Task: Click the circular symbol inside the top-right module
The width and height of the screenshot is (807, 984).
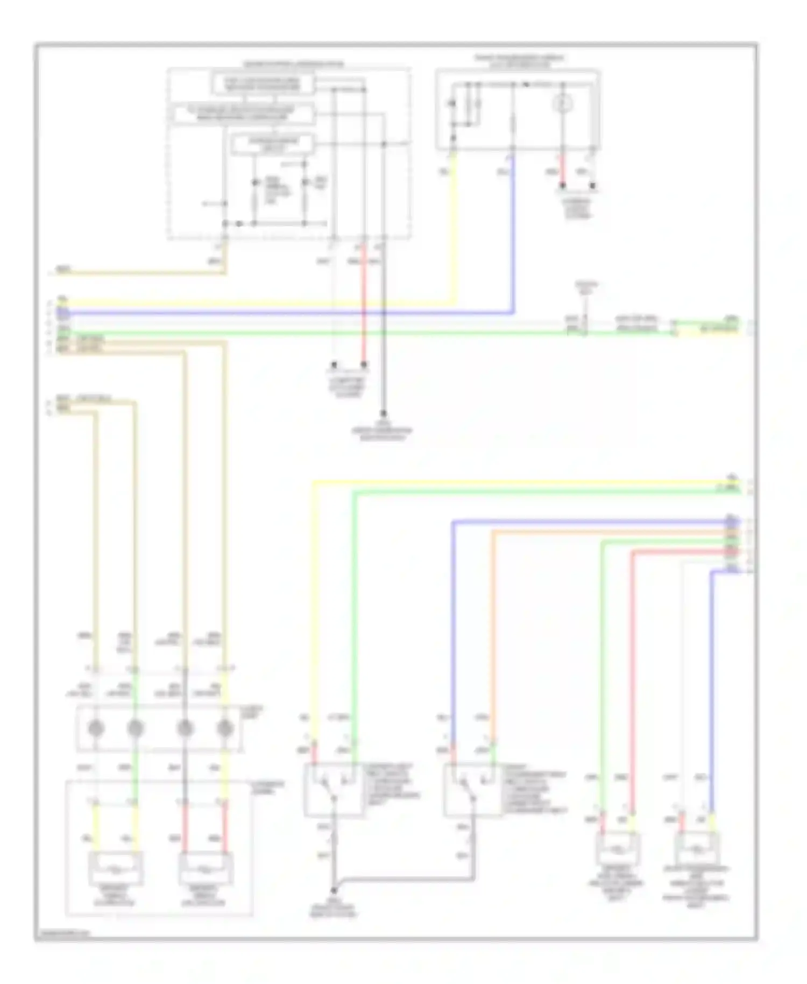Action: [563, 103]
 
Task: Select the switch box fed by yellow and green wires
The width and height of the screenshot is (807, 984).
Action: [334, 789]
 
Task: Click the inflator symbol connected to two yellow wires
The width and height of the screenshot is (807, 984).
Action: [116, 868]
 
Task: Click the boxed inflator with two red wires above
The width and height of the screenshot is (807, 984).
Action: [206, 868]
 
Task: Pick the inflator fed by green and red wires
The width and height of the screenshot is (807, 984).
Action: [618, 849]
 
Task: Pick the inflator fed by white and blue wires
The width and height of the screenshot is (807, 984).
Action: [697, 849]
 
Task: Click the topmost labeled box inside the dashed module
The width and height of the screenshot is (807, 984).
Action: [262, 83]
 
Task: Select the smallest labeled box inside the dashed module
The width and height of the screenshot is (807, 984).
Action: [273, 144]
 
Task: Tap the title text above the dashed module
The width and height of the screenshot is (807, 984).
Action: [293, 64]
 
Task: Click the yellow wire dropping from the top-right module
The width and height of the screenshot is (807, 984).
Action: [455, 226]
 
